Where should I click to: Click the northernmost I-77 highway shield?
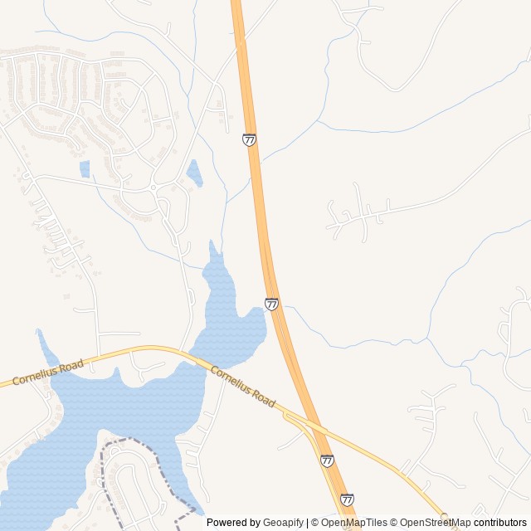coord(249,139)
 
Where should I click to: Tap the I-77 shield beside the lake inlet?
coord(271,304)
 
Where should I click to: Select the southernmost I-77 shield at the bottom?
coord(347,499)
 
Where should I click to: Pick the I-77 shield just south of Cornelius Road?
coord(327,460)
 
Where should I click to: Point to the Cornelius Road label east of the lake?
coord(242,387)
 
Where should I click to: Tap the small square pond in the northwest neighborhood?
coord(85,169)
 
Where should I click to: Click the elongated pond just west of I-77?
coord(194,173)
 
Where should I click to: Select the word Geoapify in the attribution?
coord(284,523)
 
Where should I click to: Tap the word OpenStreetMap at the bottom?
coord(436,523)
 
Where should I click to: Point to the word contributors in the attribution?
coord(500,523)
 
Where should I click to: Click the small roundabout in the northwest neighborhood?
coord(153,188)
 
